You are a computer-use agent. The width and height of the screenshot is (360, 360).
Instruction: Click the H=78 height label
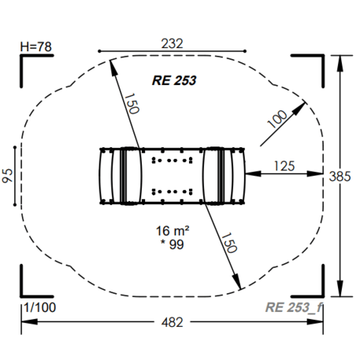[x=35, y=46]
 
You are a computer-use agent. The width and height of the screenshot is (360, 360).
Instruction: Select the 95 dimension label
[x=8, y=175]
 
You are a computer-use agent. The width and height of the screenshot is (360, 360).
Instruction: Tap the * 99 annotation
[x=173, y=246]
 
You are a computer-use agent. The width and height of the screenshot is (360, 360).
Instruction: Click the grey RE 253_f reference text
[x=295, y=306]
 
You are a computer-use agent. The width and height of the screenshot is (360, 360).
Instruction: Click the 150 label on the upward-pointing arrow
[x=132, y=102]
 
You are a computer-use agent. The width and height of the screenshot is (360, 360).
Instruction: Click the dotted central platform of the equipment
[x=173, y=175]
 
